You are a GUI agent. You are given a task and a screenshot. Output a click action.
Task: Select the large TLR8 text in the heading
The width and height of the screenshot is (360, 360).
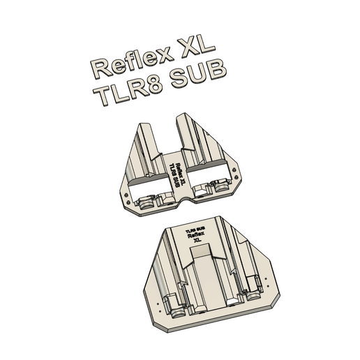[x=132, y=90]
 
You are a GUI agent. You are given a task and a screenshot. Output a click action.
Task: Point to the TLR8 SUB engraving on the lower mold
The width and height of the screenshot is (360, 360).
[x=195, y=229]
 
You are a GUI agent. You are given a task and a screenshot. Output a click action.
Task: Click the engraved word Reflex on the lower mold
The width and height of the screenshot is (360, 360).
[x=197, y=236]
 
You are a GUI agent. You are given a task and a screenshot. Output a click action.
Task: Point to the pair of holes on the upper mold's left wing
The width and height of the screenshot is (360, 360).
[x=126, y=196]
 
